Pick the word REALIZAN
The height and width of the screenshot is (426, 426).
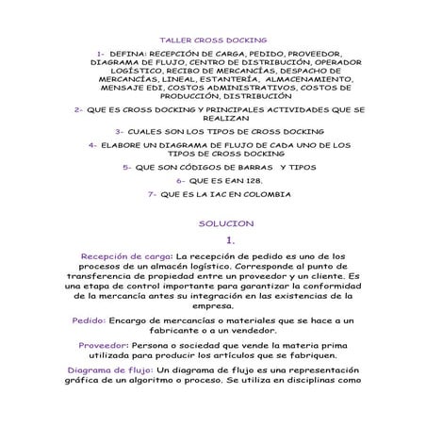pos(212,120)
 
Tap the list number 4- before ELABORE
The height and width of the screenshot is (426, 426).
pos(93,145)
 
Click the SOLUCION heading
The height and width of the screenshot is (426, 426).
pos(213,224)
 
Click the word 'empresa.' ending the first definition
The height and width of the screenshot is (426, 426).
pos(212,307)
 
